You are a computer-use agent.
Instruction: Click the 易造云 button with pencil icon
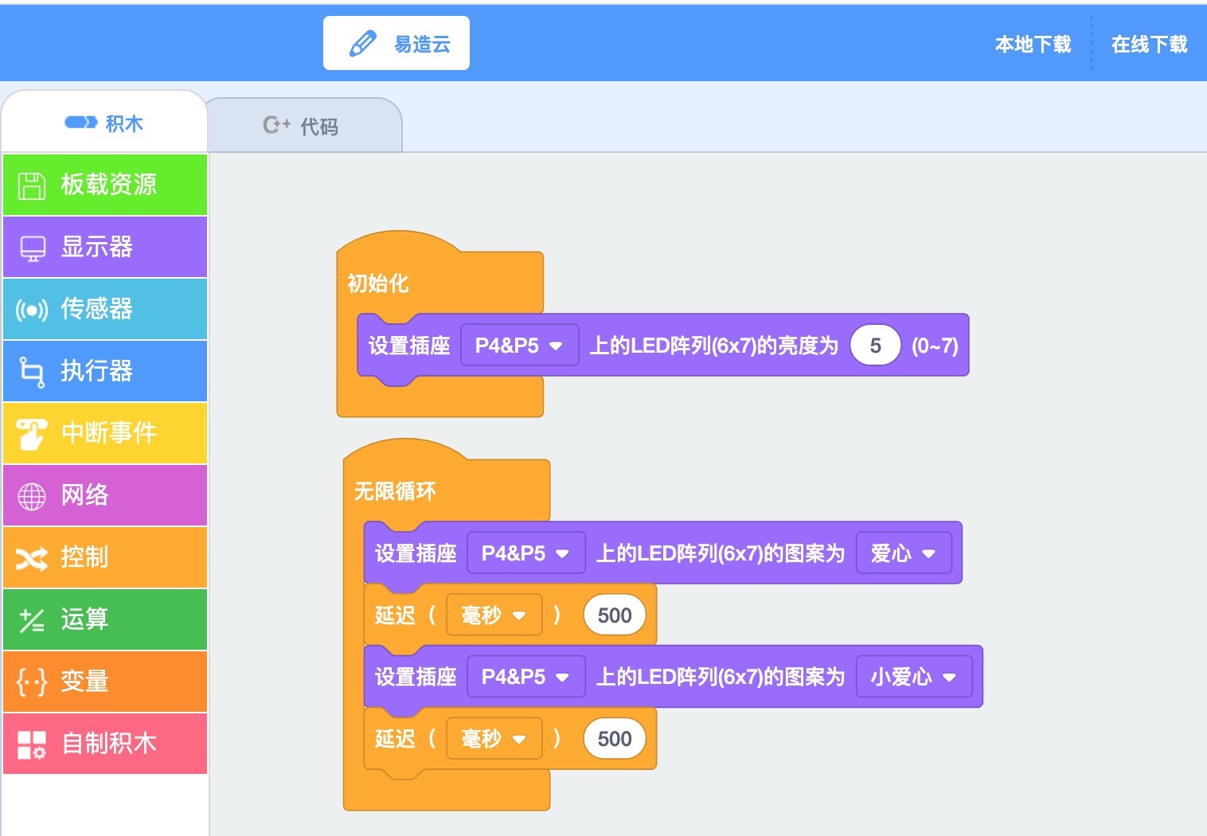tap(396, 43)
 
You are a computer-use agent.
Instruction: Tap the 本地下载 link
tap(1033, 45)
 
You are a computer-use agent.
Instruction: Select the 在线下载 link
tap(1150, 45)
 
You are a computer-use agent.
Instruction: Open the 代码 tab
tap(304, 126)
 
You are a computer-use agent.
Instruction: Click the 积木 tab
tap(104, 123)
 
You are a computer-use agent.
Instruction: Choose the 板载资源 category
tap(105, 185)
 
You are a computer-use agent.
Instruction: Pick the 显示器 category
tap(105, 247)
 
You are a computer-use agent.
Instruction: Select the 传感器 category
tap(105, 309)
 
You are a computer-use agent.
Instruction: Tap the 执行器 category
tap(105, 371)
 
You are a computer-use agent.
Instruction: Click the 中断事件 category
tap(105, 433)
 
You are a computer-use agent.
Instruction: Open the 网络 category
tap(105, 494)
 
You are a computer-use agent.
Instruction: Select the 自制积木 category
tap(105, 744)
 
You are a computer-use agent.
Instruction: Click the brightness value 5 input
tap(875, 345)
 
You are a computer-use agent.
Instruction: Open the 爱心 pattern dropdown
tap(904, 553)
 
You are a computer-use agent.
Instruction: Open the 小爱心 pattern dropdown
tap(914, 677)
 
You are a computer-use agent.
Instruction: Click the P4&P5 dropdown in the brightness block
tap(519, 345)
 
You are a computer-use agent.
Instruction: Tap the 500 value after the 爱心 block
tap(615, 615)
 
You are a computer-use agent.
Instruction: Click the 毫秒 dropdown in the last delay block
tap(494, 738)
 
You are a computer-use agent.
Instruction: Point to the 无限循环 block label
tap(395, 491)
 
